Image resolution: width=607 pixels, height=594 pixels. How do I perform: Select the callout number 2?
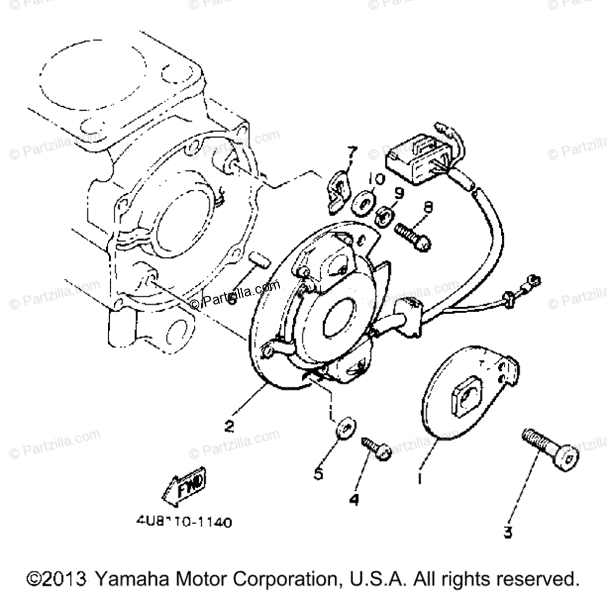[x=229, y=427]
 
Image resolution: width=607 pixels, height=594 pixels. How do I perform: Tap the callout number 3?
[x=508, y=532]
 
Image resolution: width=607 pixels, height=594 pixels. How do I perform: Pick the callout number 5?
[x=318, y=475]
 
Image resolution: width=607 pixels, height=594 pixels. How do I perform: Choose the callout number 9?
[x=398, y=193]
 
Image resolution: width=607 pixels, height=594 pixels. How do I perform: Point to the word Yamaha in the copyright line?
[x=131, y=579]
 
